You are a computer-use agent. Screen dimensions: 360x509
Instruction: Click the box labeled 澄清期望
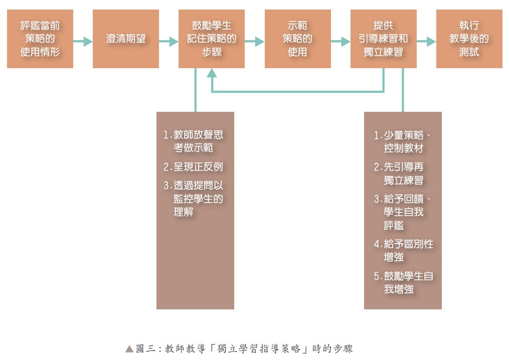(x=125, y=39)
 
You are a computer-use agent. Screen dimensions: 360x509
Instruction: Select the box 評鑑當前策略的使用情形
(x=40, y=39)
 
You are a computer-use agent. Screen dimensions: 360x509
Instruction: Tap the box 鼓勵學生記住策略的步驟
(x=211, y=39)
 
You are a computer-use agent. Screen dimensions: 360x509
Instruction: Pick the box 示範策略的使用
(x=297, y=39)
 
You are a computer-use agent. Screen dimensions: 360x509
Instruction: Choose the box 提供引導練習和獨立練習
(x=383, y=39)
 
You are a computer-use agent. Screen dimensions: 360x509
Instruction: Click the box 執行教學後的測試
(x=469, y=39)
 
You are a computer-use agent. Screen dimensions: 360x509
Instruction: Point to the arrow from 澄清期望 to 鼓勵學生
(x=168, y=42)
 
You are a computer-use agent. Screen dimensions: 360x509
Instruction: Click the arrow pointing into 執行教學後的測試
(x=426, y=42)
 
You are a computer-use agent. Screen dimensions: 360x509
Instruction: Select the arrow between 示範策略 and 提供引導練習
(x=341, y=42)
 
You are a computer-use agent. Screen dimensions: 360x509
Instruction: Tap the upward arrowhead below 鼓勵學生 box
(x=212, y=73)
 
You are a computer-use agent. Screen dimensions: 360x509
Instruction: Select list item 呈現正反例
(x=193, y=167)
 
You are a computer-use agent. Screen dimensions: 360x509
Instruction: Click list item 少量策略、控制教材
(x=403, y=142)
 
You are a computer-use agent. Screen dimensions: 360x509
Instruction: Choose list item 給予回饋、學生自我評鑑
(x=403, y=212)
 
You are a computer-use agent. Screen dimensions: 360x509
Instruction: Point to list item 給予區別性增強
(x=404, y=250)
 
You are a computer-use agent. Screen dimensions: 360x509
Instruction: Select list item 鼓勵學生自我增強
(x=404, y=282)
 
